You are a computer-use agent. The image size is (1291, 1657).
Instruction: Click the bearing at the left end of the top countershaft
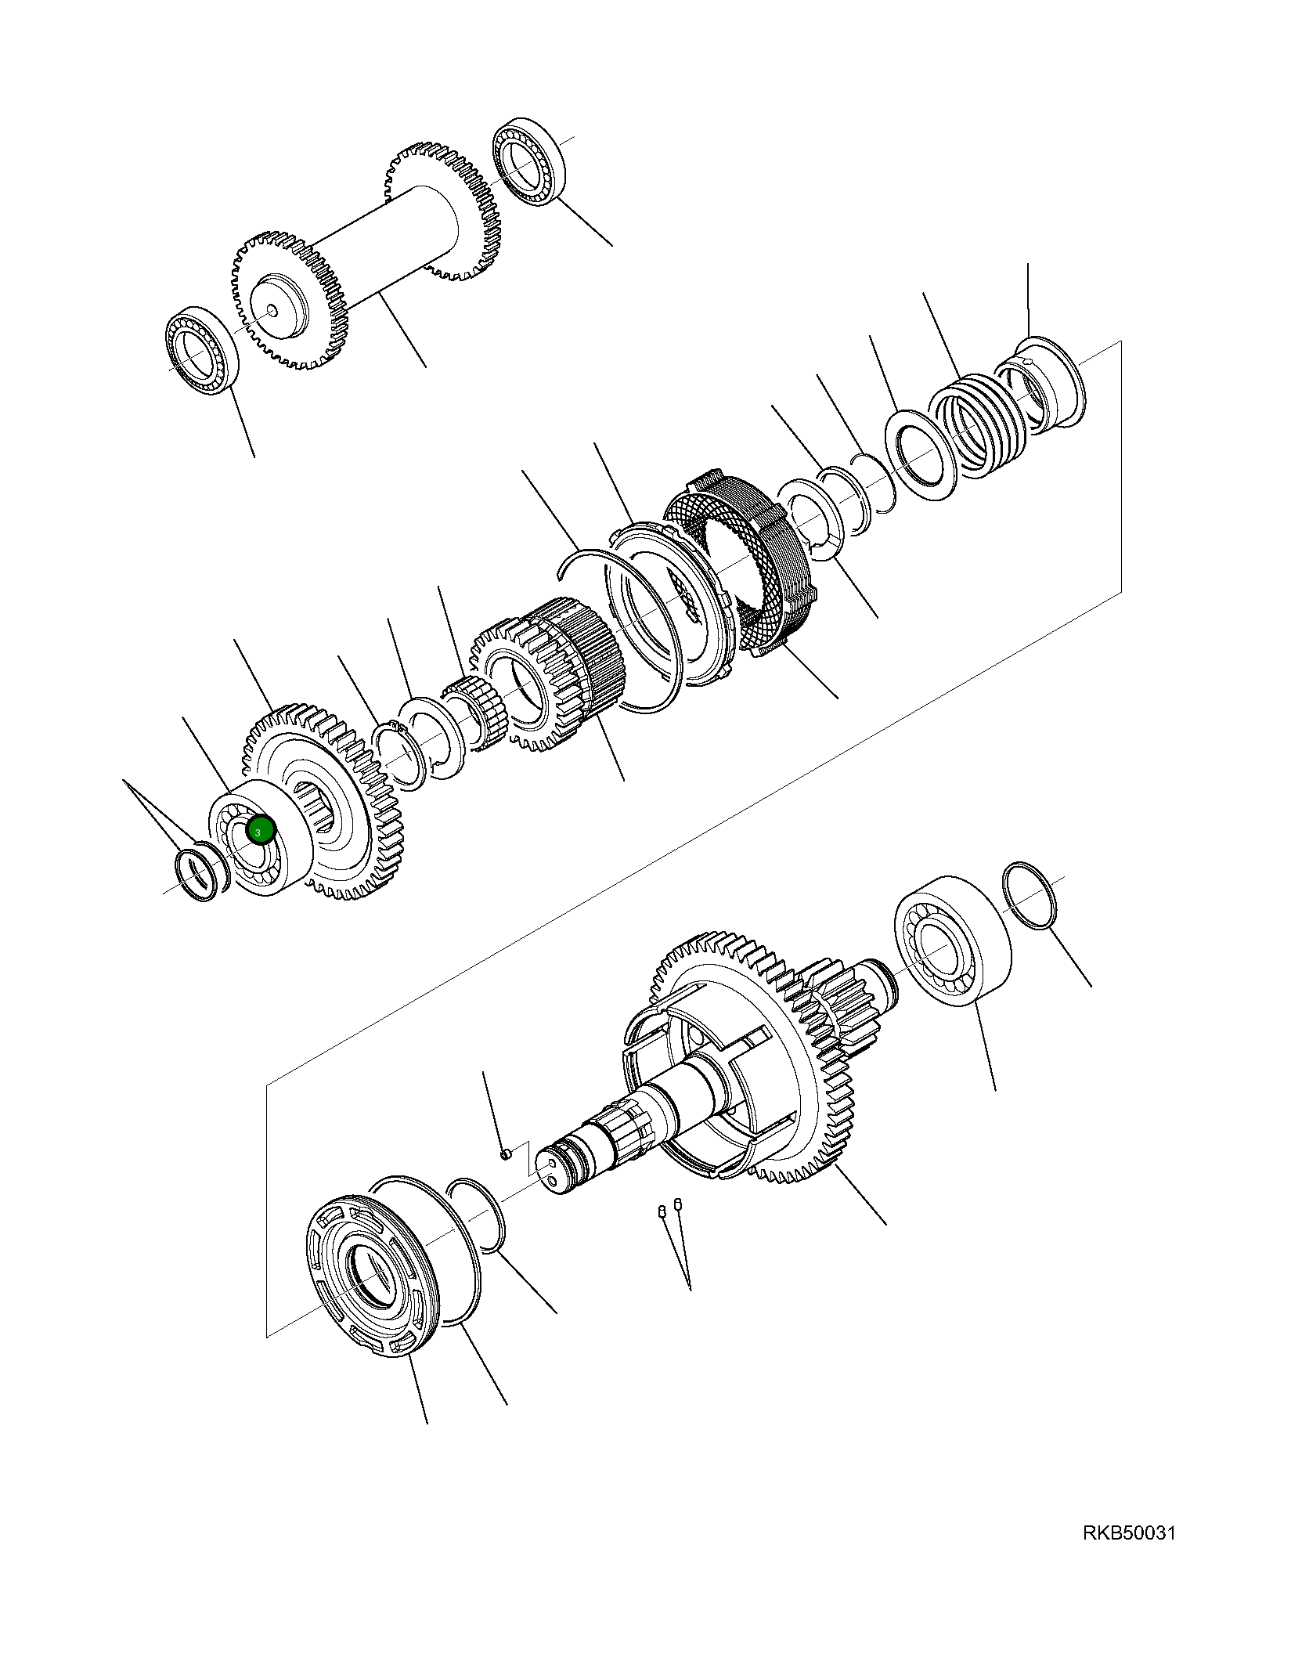point(201,350)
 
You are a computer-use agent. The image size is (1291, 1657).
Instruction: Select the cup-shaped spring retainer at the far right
point(1045,384)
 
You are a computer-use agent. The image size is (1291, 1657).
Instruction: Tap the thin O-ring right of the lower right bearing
point(1030,897)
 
